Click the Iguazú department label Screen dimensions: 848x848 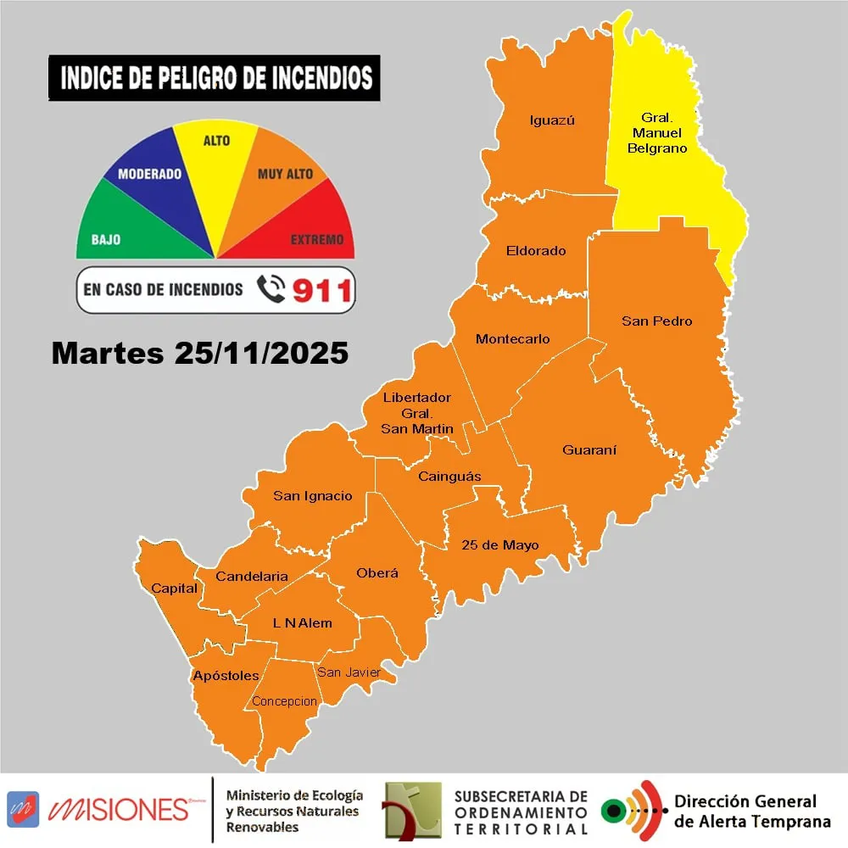tap(551, 120)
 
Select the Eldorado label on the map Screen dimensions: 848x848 tap(535, 251)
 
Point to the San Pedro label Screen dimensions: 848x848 tap(656, 321)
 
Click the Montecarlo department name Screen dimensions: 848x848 tap(512, 339)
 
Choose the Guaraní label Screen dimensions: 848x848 tap(589, 449)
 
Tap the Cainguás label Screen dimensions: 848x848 tap(449, 477)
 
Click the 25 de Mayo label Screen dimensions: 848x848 tap(500, 545)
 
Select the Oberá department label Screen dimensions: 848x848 tap(377, 573)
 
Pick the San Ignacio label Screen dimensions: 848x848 tap(312, 496)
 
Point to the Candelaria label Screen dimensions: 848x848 tap(252, 577)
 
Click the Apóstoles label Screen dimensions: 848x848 tap(226, 676)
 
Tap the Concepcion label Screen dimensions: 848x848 tap(285, 701)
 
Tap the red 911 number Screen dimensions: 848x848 tap(321, 291)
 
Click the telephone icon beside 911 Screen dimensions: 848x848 tap(271, 290)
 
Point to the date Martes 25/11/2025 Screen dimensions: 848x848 tap(200, 354)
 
